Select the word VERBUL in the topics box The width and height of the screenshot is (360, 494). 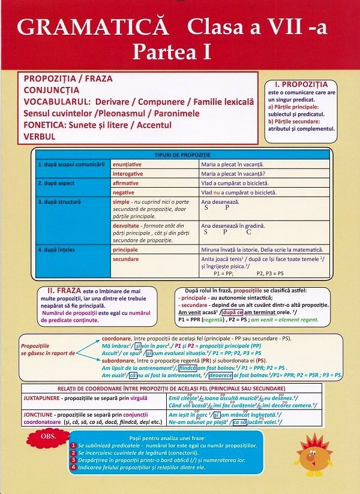tap(40, 137)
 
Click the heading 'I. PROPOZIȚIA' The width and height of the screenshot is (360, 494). tap(301, 84)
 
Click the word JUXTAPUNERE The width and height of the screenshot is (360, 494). tap(43, 397)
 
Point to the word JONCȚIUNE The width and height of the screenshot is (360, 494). tap(39, 414)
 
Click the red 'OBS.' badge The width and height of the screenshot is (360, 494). tap(50, 436)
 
